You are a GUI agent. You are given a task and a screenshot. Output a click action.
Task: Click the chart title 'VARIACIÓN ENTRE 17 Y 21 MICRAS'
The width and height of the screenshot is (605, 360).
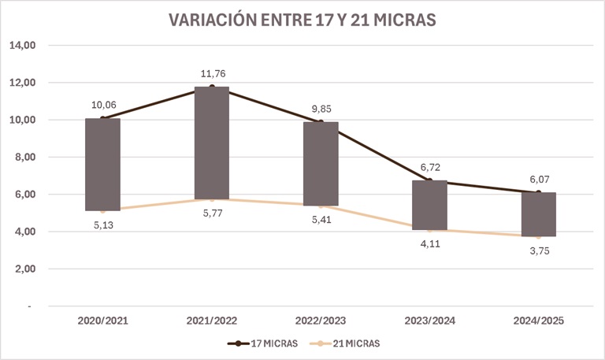[302, 20]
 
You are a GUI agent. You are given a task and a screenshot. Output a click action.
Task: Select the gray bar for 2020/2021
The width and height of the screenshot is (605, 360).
[103, 164]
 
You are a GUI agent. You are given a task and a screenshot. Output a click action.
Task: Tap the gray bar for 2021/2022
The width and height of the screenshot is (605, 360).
[212, 143]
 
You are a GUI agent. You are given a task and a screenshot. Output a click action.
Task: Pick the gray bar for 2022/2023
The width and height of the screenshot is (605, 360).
[321, 163]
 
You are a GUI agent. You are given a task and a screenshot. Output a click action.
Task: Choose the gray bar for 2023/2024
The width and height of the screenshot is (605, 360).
[430, 205]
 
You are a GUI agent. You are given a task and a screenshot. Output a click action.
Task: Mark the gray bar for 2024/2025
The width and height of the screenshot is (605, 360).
[539, 213]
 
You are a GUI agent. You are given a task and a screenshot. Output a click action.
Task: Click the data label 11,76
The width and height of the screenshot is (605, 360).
[212, 74]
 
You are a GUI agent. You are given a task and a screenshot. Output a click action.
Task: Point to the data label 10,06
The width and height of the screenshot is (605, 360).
[103, 106]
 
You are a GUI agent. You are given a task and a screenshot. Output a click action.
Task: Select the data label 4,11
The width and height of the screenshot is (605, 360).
[430, 243]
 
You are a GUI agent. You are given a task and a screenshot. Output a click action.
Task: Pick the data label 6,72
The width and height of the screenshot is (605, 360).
[430, 168]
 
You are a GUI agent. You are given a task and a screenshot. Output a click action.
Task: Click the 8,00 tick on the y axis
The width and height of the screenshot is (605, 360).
[26, 158]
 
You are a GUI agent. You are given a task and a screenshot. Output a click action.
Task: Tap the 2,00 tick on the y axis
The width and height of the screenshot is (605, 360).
[26, 269]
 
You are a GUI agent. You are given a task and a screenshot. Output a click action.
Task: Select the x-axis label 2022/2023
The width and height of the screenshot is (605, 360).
[321, 321]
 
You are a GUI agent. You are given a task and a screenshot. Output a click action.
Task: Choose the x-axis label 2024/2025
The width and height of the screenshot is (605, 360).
[539, 321]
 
